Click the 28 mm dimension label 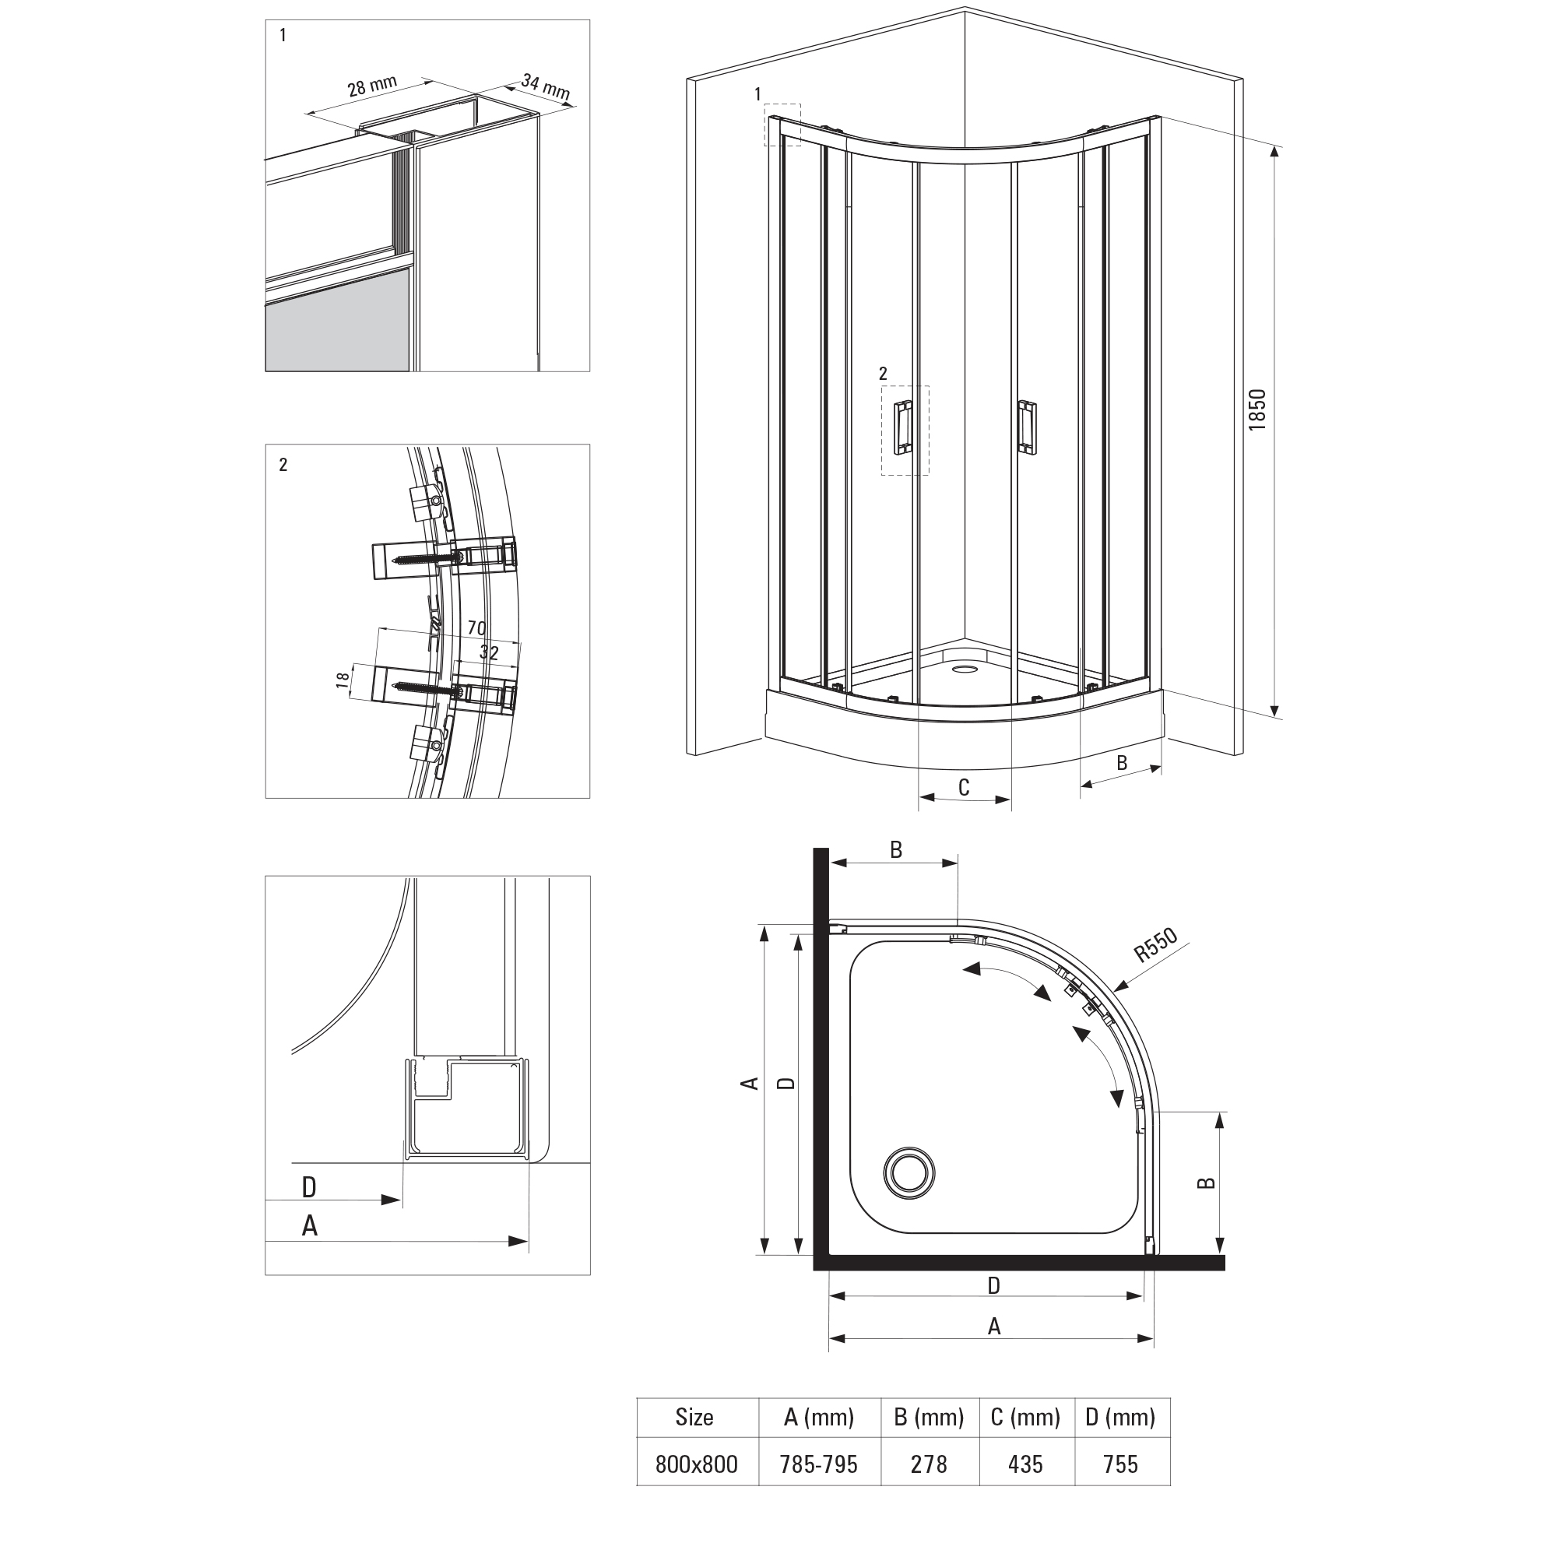(372, 86)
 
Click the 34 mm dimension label (546, 87)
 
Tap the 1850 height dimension (1257, 409)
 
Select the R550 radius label (1155, 945)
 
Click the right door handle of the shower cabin (1027, 427)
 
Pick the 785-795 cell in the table (819, 1464)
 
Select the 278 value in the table (930, 1464)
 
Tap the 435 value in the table (1025, 1464)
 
